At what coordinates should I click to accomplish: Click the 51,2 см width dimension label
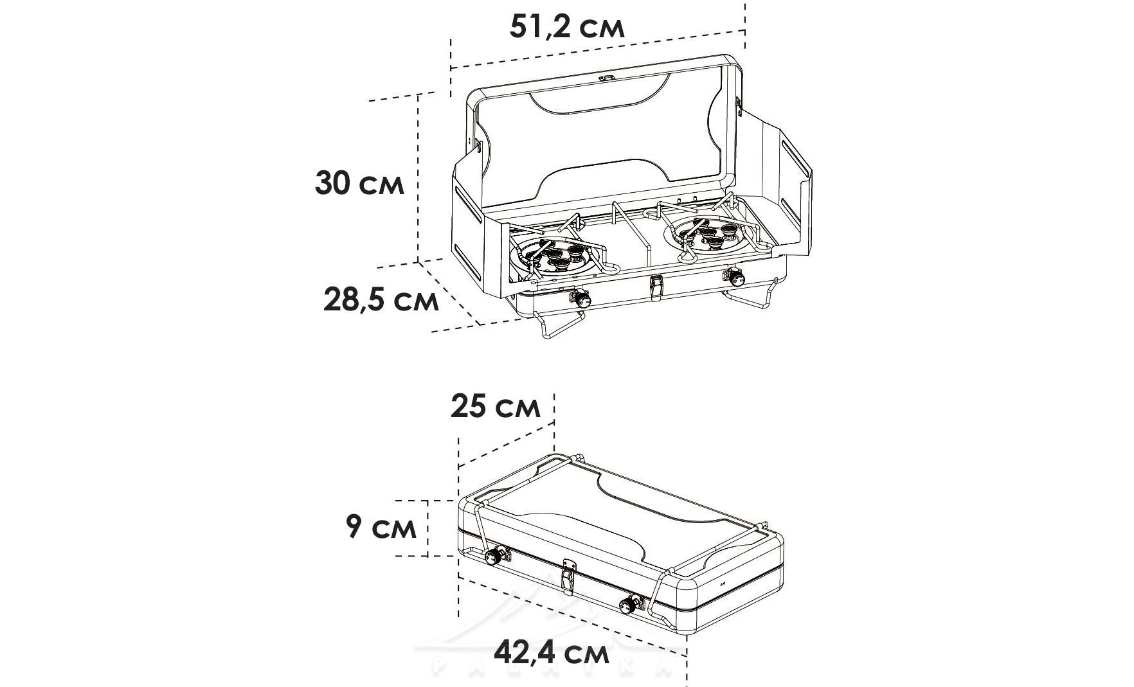click(x=566, y=28)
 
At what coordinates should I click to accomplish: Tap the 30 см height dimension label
click(x=359, y=183)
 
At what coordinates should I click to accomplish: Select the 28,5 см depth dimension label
click(x=381, y=300)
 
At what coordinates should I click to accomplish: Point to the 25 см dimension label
click(x=495, y=406)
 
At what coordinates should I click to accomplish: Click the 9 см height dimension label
click(x=381, y=527)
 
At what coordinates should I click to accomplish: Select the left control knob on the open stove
click(x=580, y=299)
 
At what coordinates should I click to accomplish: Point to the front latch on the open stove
click(x=656, y=287)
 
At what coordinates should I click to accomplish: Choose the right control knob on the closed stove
click(x=629, y=604)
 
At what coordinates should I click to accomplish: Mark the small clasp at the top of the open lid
click(x=606, y=78)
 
